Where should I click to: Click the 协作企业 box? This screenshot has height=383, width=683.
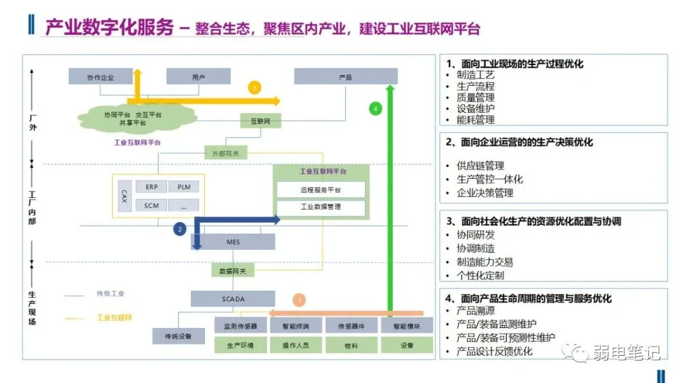point(100,76)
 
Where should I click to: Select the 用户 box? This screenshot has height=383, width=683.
point(198,76)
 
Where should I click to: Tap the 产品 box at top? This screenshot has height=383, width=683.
point(345,76)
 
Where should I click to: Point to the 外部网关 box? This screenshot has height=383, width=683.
point(226,152)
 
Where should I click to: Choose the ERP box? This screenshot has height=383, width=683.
point(152,187)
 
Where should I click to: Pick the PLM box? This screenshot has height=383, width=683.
point(183,187)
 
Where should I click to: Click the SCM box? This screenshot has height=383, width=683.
point(152,205)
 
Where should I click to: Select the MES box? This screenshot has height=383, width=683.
point(233,241)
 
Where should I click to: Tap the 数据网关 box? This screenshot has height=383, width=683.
point(228,271)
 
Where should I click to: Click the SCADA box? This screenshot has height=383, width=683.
point(233,298)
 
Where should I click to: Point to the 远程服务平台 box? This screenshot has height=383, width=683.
point(320,190)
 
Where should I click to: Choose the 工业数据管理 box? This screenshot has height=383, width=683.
point(320,207)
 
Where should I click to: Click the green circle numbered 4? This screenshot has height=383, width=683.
point(376,109)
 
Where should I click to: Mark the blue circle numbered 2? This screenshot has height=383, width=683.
point(180,229)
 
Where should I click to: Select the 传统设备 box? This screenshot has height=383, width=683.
point(178,336)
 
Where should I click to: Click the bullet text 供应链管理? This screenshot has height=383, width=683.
point(481,166)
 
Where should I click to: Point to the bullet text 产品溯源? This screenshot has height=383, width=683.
point(476,311)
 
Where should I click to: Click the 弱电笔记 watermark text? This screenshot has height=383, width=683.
point(626,351)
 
